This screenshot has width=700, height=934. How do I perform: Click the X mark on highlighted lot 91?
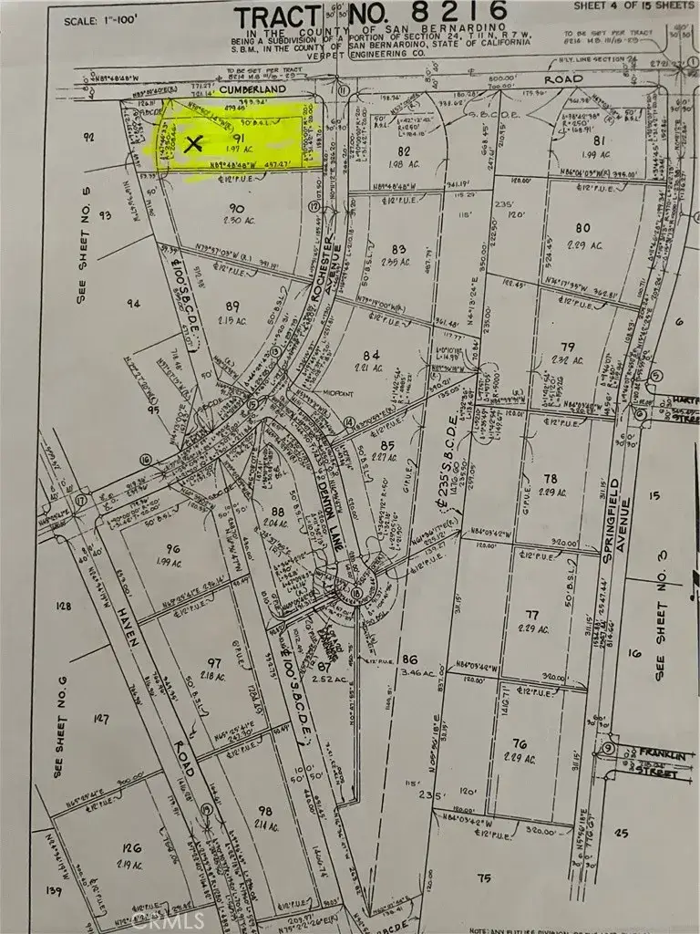pyautogui.click(x=192, y=142)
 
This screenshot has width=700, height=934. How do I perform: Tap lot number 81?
pyautogui.click(x=600, y=140)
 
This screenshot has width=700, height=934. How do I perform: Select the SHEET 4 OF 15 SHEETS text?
pyautogui.click(x=633, y=5)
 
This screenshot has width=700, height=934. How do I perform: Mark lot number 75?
pyautogui.click(x=483, y=877)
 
